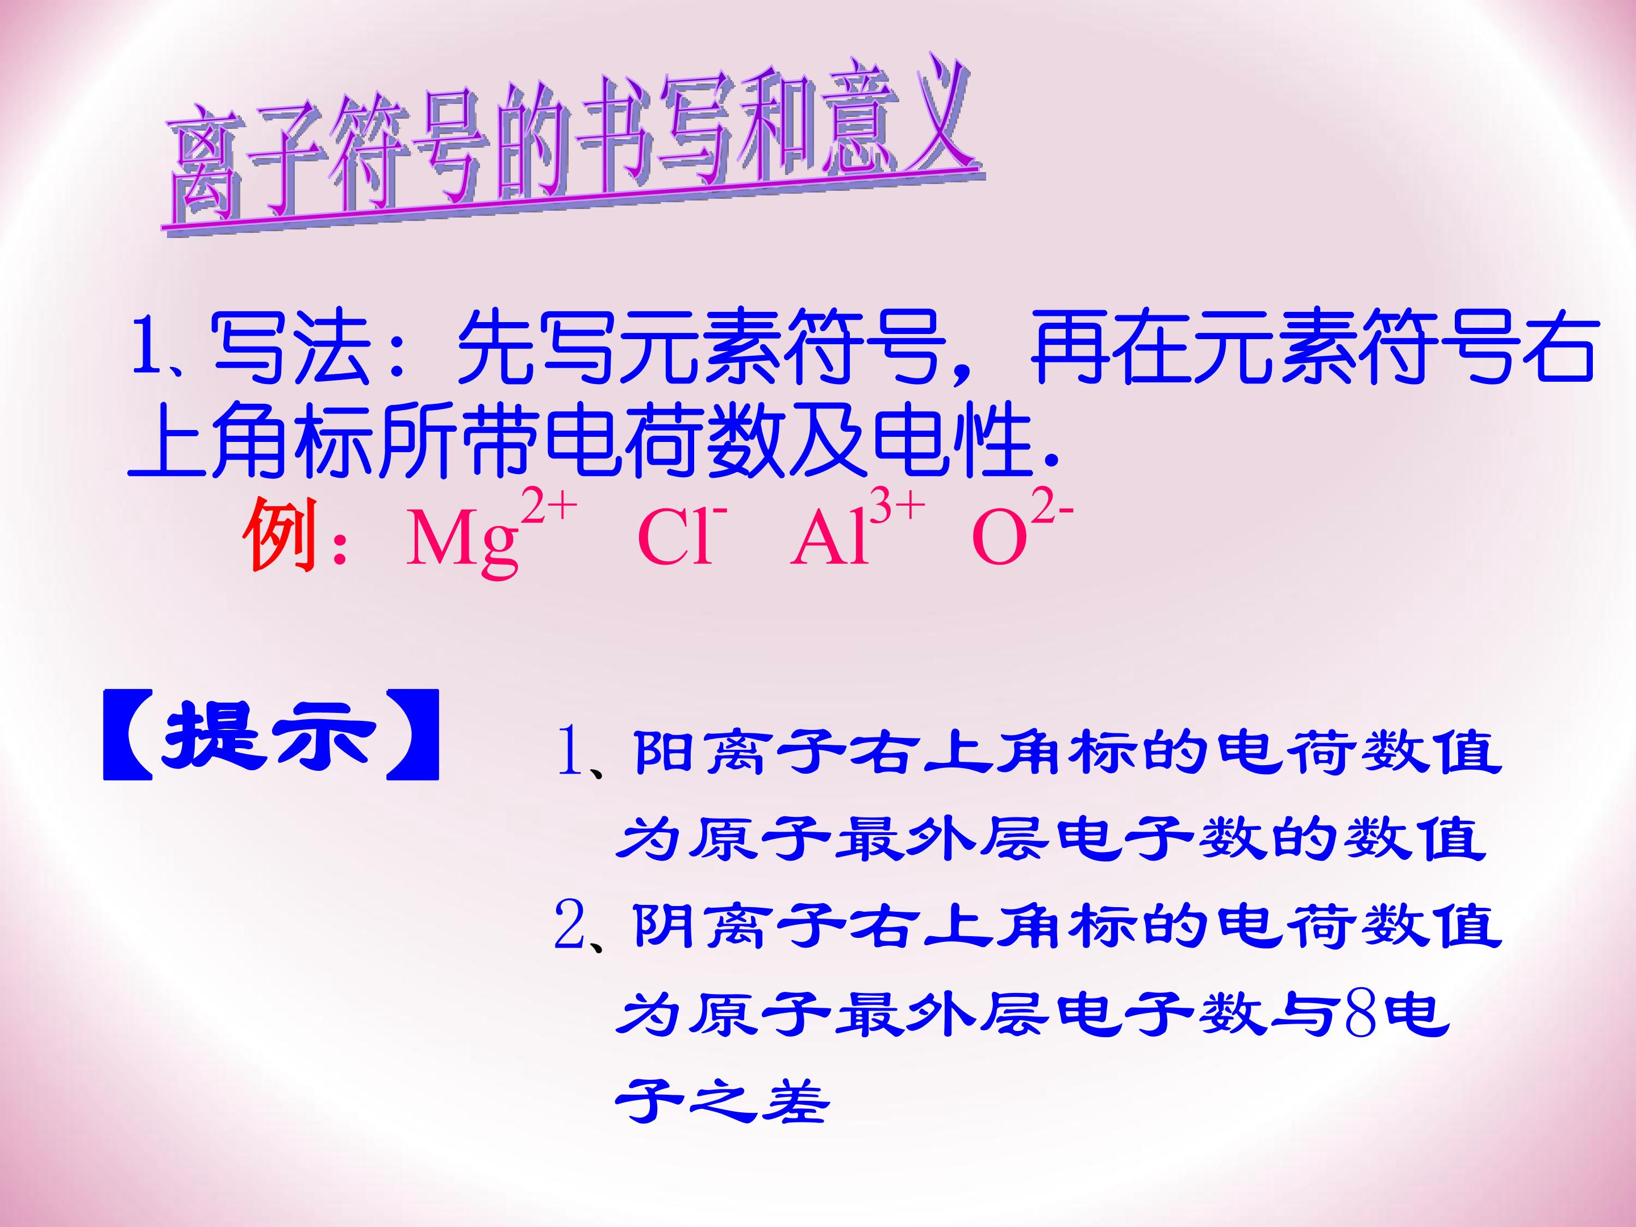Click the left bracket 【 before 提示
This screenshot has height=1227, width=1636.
tap(128, 736)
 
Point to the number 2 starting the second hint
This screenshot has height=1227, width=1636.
tap(570, 928)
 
